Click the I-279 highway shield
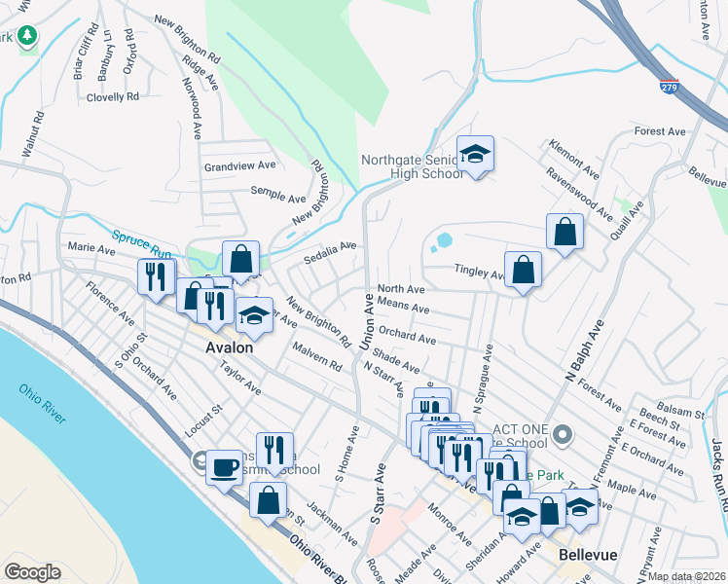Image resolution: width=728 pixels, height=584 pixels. click(669, 86)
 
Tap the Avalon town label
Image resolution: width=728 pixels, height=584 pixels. click(230, 347)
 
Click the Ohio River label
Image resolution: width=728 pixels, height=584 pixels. click(43, 403)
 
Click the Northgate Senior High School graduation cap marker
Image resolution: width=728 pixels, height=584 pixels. click(475, 154)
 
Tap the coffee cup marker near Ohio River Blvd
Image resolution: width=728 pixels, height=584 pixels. click(224, 468)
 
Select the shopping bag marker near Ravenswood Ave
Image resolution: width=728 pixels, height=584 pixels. click(564, 232)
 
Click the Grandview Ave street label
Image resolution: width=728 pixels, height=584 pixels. click(240, 166)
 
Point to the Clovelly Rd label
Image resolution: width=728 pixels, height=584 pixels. click(113, 97)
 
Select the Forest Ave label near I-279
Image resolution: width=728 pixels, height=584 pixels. click(660, 131)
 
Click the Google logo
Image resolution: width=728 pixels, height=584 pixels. click(33, 572)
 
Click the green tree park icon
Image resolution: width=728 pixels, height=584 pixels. click(28, 37)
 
